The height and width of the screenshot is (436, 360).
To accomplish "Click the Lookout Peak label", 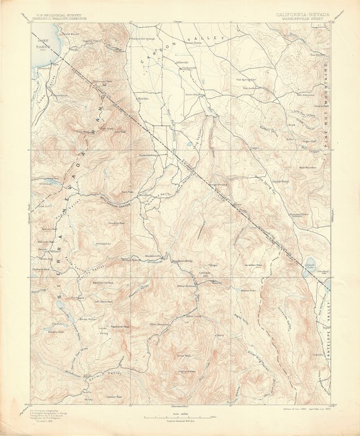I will coord(114,397).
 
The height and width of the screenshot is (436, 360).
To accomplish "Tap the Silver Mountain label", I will coord(161,324).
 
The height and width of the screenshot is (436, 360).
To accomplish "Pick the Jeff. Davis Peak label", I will coord(104,301).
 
